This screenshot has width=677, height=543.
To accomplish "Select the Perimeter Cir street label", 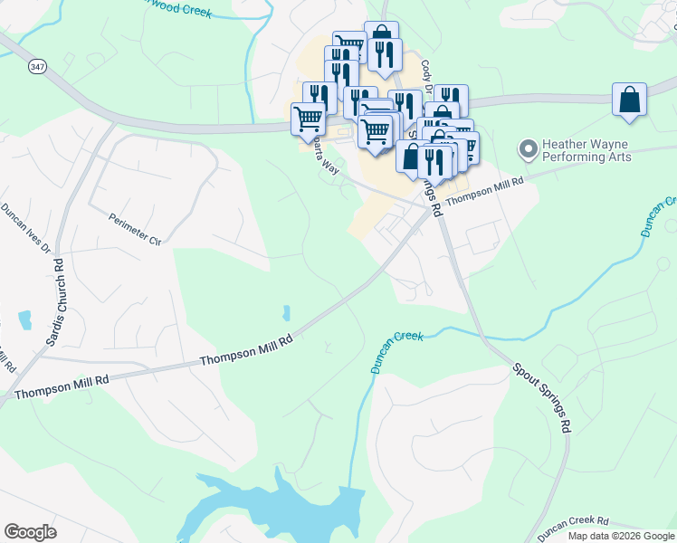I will click(x=134, y=229).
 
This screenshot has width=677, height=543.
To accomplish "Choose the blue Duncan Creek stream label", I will click(x=397, y=351).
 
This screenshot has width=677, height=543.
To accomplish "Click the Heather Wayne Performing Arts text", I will click(x=586, y=150).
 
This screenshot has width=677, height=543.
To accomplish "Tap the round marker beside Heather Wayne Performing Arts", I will click(x=526, y=148).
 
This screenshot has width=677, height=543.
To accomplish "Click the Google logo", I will click(x=30, y=532).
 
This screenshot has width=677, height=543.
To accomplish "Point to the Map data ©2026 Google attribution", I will click(x=621, y=536).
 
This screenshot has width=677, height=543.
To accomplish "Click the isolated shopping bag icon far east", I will click(x=629, y=100).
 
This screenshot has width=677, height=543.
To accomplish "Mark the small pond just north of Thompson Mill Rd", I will click(x=286, y=313).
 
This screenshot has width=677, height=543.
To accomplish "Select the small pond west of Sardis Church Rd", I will click(x=24, y=319).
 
